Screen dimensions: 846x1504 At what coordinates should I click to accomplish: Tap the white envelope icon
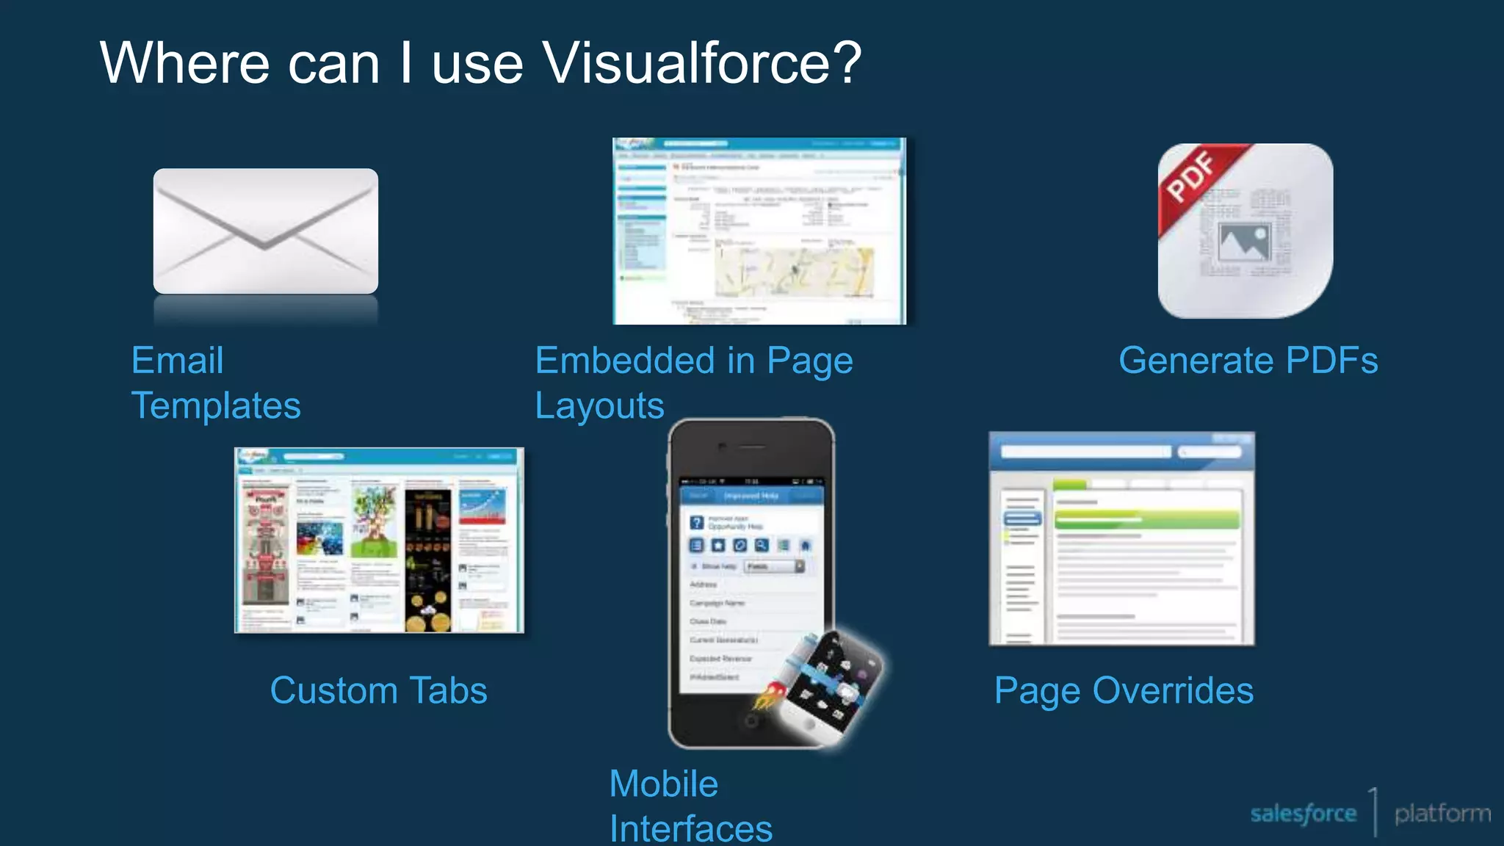[265, 231]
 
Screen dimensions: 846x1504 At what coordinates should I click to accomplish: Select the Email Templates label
[215, 383]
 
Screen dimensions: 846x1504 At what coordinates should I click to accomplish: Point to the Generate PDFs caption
[1248, 361]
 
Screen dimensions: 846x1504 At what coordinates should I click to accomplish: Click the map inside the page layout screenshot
[793, 272]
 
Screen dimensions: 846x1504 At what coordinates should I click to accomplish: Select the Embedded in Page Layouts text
[693, 383]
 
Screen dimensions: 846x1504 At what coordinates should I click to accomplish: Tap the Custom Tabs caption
[378, 690]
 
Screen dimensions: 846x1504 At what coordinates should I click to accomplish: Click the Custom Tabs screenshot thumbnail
[379, 540]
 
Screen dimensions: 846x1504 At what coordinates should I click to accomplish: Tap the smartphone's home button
[751, 721]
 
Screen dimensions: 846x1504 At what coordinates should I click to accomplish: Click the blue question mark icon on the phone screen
[697, 523]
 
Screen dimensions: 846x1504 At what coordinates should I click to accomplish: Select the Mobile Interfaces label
[690, 806]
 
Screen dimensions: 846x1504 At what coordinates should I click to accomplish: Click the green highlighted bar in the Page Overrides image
[1146, 520]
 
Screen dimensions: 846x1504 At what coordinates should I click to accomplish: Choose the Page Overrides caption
[1124, 690]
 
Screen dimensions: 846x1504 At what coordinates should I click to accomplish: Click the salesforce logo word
[1303, 814]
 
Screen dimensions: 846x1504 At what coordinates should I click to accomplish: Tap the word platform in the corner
[1442, 814]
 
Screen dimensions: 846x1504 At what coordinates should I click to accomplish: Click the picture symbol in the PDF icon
[1244, 242]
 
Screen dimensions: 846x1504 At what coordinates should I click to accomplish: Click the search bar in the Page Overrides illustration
[1085, 452]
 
